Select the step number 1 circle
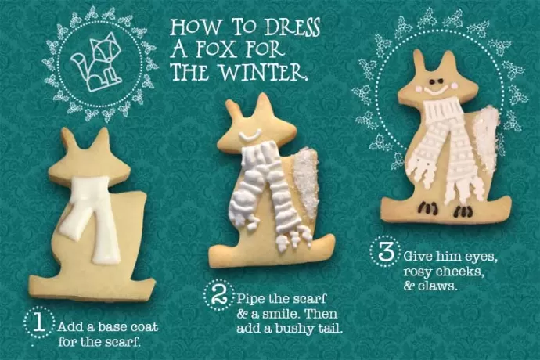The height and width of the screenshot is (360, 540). pos(39,322)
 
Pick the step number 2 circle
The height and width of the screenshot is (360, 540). pos(218,295)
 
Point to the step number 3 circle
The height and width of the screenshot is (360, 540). pos(385,251)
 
